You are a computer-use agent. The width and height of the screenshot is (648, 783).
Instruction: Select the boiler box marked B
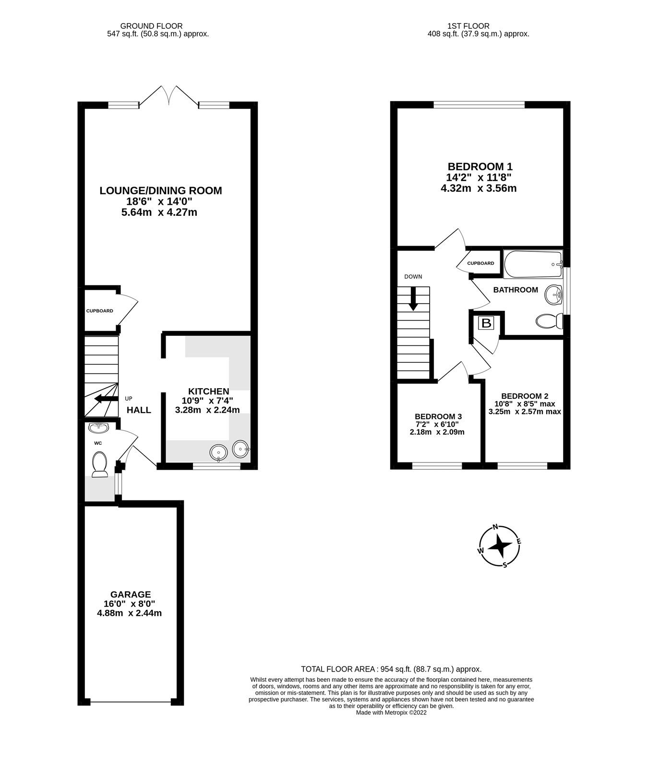point(486,323)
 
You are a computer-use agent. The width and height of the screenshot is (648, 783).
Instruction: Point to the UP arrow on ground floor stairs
point(106,399)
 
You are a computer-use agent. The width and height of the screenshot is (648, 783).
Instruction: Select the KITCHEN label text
point(208,391)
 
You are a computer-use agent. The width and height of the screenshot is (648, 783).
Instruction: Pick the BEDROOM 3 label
point(438,416)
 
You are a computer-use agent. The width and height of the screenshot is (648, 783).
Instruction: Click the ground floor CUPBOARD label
point(99,311)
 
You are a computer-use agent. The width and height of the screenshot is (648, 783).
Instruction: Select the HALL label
point(139,410)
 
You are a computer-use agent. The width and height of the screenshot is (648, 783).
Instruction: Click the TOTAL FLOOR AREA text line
point(391,669)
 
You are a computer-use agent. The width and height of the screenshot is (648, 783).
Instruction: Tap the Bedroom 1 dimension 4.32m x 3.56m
point(478,189)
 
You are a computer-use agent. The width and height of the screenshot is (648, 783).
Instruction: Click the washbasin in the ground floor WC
point(98,427)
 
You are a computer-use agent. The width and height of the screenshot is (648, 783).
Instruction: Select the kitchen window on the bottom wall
point(216,465)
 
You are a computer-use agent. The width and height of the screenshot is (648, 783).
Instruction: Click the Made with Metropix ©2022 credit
point(391,712)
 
